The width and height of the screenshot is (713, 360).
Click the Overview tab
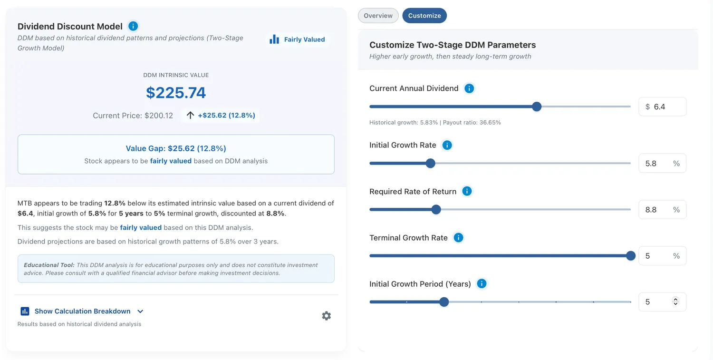pos(378,16)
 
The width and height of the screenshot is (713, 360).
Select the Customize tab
pos(424,16)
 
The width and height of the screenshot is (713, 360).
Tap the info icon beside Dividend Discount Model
pos(133,26)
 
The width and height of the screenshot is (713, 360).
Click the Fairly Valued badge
pos(297,39)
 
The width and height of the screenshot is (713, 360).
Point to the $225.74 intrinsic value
pos(176,93)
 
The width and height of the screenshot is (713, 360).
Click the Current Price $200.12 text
pos(133,116)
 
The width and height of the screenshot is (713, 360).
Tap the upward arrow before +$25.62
pos(190,115)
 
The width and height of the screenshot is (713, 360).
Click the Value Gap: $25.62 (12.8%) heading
pos(176,148)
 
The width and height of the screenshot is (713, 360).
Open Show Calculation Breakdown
pos(82,311)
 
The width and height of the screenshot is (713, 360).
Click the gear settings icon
pos(326,316)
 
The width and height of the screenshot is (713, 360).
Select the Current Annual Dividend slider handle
pos(537,107)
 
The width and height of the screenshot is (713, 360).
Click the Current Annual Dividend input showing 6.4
pos(663,107)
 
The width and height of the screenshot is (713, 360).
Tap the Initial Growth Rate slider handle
pos(430,163)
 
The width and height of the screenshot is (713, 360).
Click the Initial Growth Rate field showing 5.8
pos(663,164)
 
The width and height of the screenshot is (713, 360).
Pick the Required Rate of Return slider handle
pos(436,209)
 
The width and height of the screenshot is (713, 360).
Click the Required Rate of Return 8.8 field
pos(663,210)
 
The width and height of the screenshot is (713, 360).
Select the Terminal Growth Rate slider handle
pos(631,255)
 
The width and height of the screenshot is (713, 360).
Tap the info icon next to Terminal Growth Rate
pos(458,238)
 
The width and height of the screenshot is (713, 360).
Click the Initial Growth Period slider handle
pos(444,302)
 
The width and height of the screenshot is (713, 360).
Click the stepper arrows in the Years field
pos(675,302)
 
